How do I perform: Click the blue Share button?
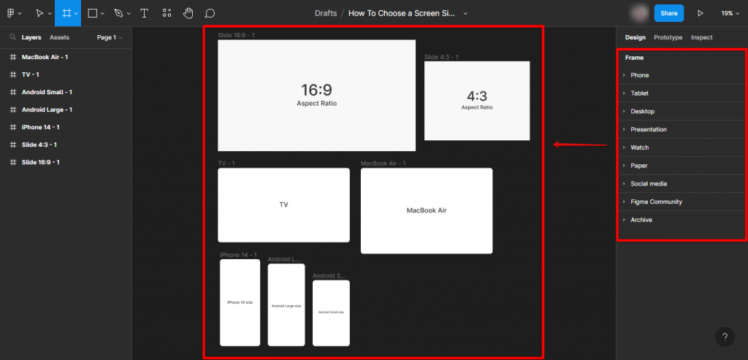(669, 13)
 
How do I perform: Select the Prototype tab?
(668, 37)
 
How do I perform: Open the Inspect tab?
(701, 37)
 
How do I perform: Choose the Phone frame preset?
(639, 75)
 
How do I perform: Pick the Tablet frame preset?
(639, 93)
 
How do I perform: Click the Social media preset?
(649, 184)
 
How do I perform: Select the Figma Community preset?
(656, 202)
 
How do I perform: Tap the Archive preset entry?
(641, 220)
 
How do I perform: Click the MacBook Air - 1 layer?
(45, 57)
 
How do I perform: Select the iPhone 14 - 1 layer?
(40, 127)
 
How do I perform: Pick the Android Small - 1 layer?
(47, 92)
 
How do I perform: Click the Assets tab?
(59, 37)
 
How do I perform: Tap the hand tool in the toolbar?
(188, 13)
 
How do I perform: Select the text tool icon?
(145, 13)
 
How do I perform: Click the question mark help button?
(725, 337)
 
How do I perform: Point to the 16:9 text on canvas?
(316, 90)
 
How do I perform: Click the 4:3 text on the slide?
(477, 96)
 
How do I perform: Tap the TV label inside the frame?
(283, 205)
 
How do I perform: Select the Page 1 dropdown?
(109, 37)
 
